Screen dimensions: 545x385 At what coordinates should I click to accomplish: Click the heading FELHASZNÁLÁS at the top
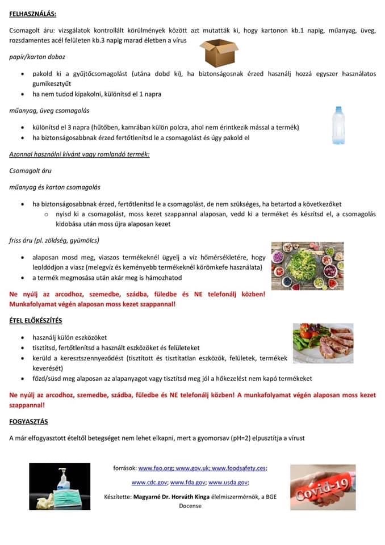(33, 12)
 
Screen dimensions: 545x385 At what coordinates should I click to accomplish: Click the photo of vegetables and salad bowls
(307, 266)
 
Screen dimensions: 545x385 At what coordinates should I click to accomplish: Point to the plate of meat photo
(323, 343)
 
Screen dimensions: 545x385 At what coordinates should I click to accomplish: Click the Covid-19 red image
(323, 487)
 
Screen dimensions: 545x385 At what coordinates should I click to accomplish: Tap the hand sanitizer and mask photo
(60, 486)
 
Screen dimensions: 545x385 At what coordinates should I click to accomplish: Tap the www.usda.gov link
(228, 482)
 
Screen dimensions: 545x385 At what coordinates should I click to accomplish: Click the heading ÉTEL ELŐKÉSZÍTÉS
(36, 321)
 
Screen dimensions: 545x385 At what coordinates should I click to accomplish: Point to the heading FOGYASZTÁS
(28, 421)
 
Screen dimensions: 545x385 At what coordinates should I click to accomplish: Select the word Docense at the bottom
(190, 506)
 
